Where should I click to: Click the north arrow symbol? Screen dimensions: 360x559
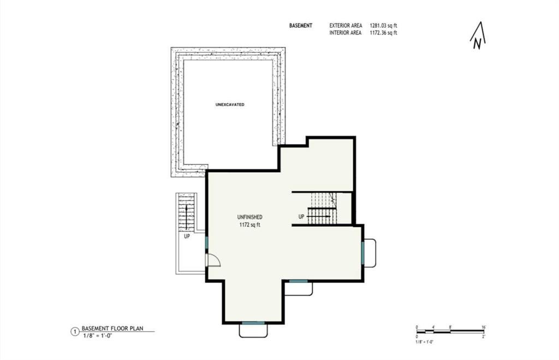click(478, 37)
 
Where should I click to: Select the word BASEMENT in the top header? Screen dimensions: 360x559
click(301, 26)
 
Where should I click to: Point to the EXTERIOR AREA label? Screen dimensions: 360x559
click(345, 26)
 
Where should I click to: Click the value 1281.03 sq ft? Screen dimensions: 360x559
click(383, 26)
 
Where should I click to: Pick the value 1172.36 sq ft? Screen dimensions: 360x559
click(383, 33)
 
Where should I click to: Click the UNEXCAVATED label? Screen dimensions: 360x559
click(230, 104)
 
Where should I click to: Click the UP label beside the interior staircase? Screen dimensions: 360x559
click(301, 217)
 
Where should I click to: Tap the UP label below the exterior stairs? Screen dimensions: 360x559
click(187, 237)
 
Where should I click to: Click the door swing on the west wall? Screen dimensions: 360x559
click(212, 261)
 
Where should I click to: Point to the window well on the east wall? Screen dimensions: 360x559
click(370, 253)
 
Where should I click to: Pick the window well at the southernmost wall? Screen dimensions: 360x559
click(253, 330)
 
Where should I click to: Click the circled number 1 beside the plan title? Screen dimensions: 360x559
click(75, 331)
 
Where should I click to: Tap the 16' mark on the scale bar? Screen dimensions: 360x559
click(484, 327)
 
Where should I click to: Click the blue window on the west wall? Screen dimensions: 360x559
click(206, 243)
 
